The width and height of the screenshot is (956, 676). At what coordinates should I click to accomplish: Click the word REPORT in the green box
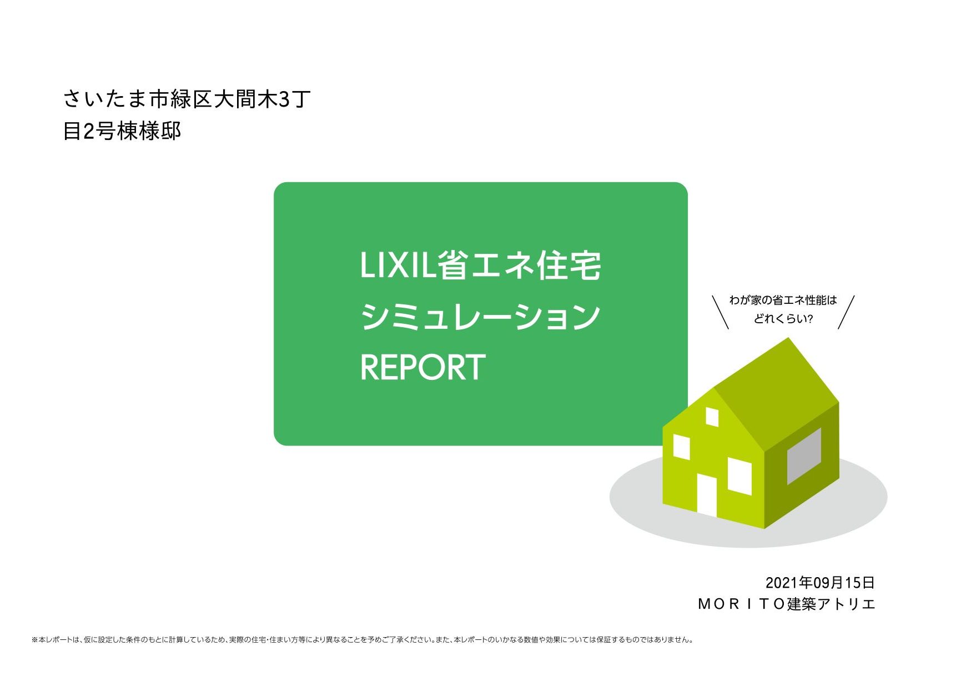tap(422, 367)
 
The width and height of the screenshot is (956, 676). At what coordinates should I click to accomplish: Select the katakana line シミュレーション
tap(480, 317)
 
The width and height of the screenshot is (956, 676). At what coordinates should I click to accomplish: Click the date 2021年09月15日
tap(819, 583)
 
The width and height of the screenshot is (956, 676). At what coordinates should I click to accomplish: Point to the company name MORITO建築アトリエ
tap(786, 604)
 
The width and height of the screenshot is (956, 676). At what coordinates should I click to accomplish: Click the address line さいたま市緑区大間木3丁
tap(187, 99)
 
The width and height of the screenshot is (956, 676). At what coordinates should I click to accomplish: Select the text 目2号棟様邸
tap(122, 132)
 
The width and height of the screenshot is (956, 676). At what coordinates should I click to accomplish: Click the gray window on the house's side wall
tap(804, 455)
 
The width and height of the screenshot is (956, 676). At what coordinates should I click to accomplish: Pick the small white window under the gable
tap(712, 417)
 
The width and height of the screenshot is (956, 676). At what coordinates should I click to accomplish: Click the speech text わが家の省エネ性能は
tap(783, 301)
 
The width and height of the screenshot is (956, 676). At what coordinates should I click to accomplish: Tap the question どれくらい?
tap(783, 319)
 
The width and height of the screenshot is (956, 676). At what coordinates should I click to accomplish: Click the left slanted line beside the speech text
tap(721, 312)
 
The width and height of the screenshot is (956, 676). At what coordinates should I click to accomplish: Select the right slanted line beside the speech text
tap(846, 312)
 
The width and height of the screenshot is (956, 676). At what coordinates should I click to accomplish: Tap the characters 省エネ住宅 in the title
tap(520, 266)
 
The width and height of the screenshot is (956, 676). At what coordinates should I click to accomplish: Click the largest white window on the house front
tap(739, 476)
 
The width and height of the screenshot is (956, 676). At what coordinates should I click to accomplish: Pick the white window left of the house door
tap(682, 447)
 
